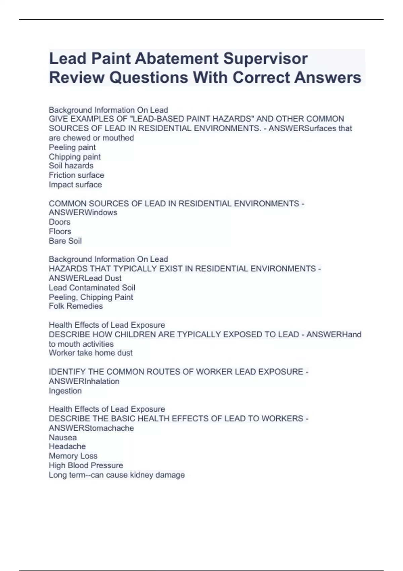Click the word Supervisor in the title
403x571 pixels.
(265, 58)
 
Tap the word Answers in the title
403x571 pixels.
(328, 78)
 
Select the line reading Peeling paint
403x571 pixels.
(72, 147)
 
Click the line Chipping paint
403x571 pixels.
(75, 157)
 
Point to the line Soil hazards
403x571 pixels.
(71, 166)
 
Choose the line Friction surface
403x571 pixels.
(76, 175)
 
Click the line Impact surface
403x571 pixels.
(75, 184)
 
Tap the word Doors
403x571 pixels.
(59, 222)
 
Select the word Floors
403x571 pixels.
(60, 231)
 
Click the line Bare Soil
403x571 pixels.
(65, 241)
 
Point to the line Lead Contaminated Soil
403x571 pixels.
(92, 288)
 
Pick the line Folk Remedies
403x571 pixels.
(76, 306)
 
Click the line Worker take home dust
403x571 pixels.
(91, 353)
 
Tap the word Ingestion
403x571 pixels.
(65, 391)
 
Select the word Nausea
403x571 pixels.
(63, 437)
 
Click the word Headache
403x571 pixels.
(67, 446)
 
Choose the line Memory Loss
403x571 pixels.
(73, 456)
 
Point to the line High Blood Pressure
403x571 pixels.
(86, 465)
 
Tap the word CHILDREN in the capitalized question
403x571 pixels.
(133, 335)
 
